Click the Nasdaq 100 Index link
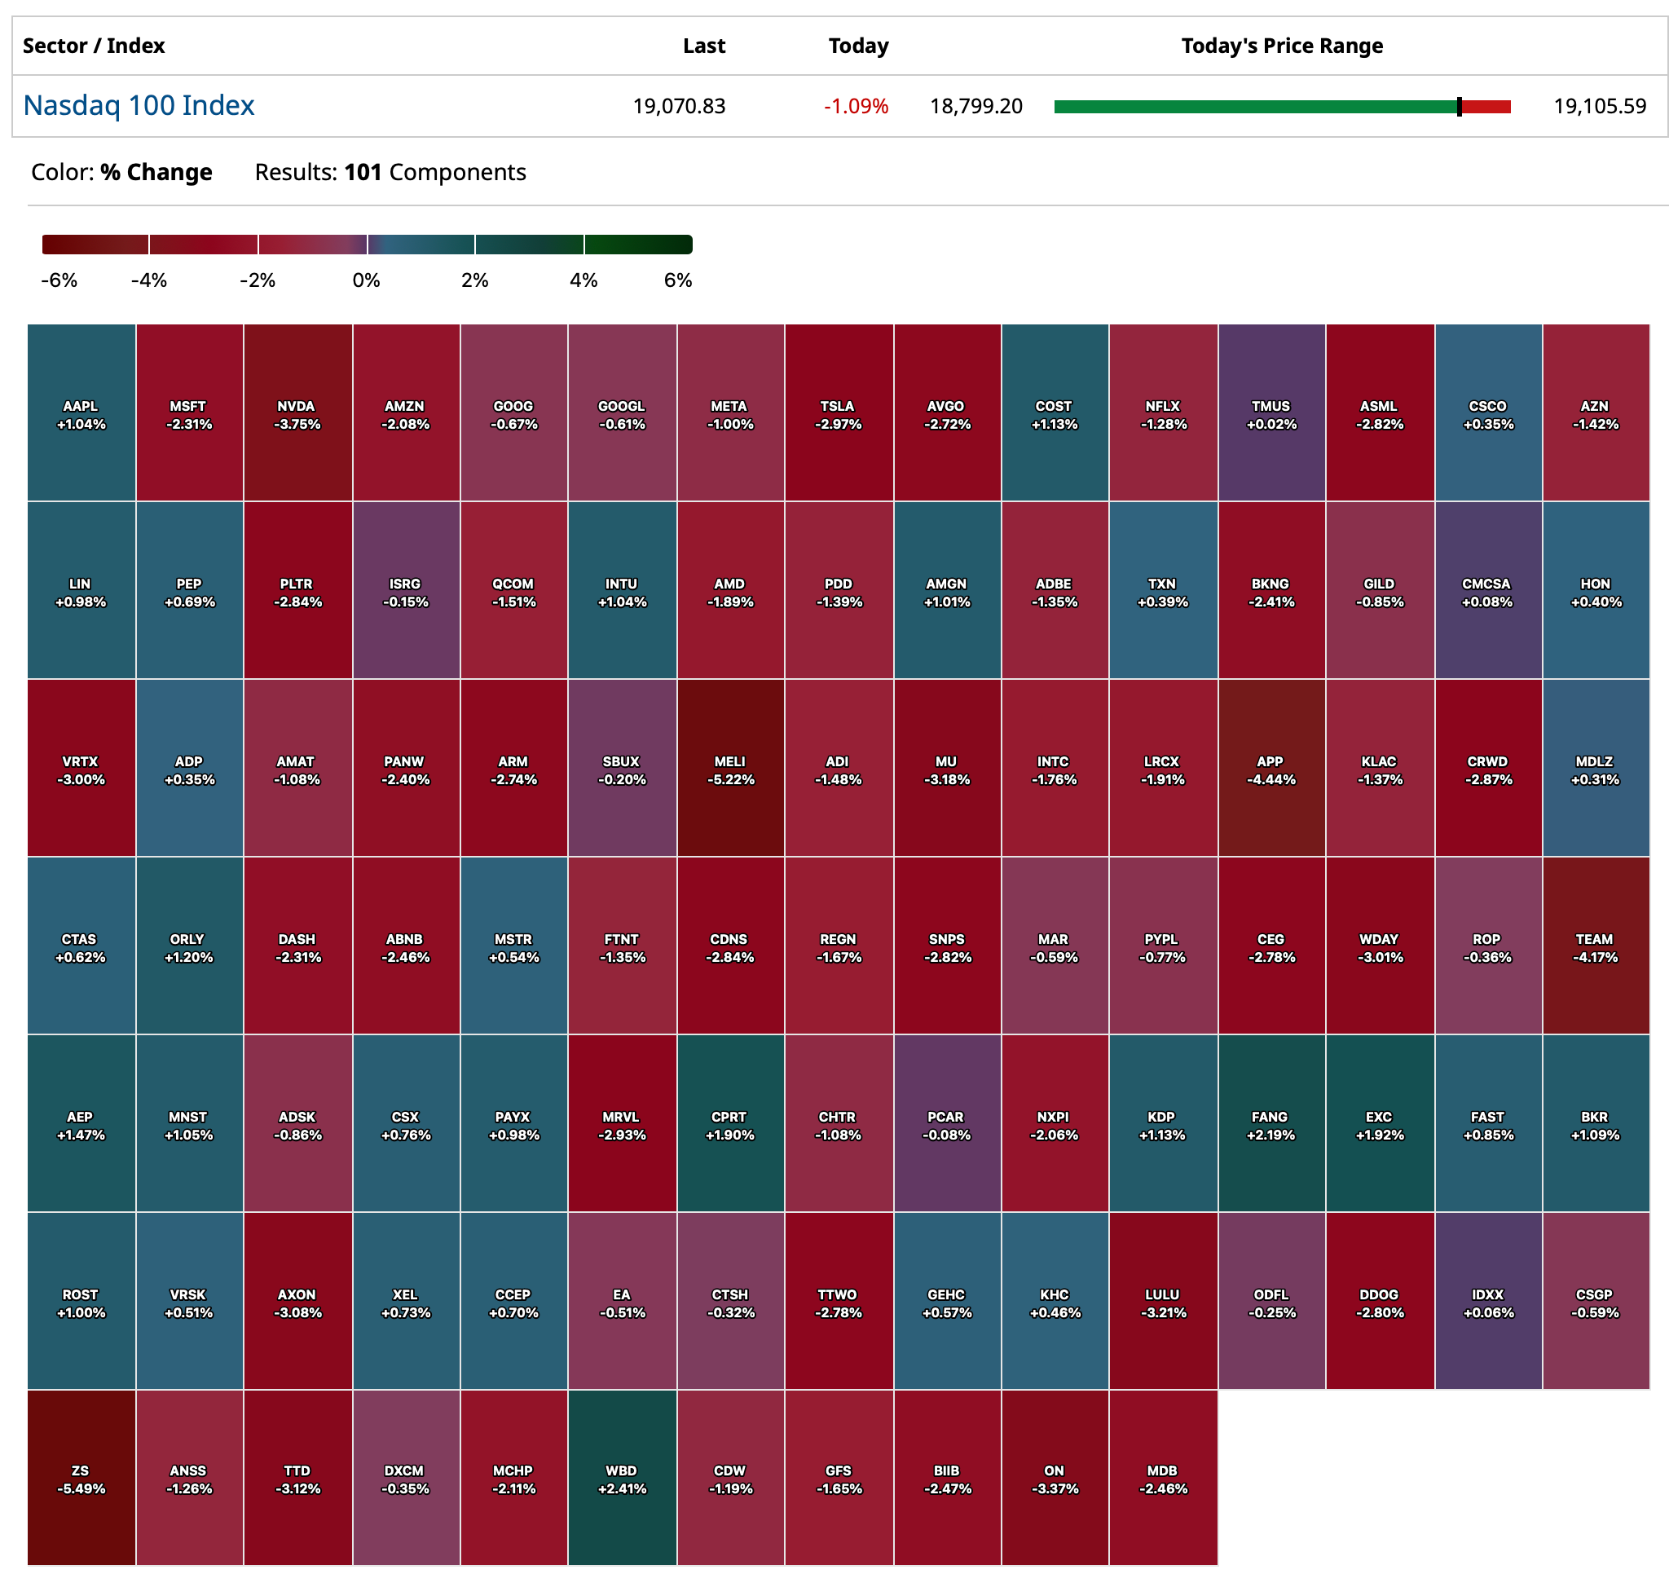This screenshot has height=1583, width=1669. pyautogui.click(x=139, y=105)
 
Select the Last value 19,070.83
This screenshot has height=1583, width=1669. pyautogui.click(x=678, y=106)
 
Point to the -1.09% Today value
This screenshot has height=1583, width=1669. pyautogui.click(x=856, y=106)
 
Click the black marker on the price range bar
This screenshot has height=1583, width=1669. pyautogui.click(x=1459, y=106)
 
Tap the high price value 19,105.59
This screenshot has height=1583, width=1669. pyautogui.click(x=1599, y=106)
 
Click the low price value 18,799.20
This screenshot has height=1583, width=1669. pyautogui.click(x=975, y=106)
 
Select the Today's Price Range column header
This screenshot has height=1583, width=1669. pyautogui.click(x=1281, y=46)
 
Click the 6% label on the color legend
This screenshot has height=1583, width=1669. pyautogui.click(x=677, y=280)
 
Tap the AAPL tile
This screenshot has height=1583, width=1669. pyautogui.click(x=81, y=413)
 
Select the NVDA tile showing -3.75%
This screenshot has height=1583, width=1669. pyautogui.click(x=297, y=413)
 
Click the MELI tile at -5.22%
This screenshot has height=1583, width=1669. pyautogui.click(x=730, y=769)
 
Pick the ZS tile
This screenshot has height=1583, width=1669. pyautogui.click(x=81, y=1479)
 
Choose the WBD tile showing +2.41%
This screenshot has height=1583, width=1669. pyautogui.click(x=622, y=1479)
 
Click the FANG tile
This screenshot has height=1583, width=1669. pyautogui.click(x=1270, y=1124)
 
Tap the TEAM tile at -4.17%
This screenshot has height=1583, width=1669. pyautogui.click(x=1595, y=946)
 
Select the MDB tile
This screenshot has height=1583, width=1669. pyautogui.click(x=1163, y=1479)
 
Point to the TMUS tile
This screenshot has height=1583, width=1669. pyautogui.click(x=1270, y=413)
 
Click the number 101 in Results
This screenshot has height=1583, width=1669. pyautogui.click(x=363, y=172)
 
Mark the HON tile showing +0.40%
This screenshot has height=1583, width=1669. pyautogui.click(x=1595, y=592)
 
